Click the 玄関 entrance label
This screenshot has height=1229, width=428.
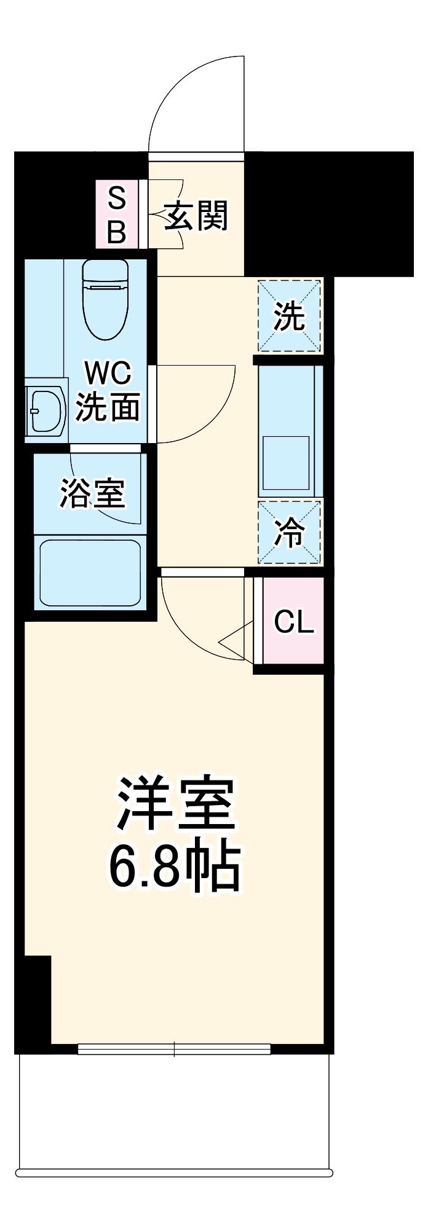pyautogui.click(x=196, y=216)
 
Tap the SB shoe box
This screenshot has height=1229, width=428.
pyautogui.click(x=117, y=214)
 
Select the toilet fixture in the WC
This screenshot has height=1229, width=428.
pyautogui.click(x=105, y=299)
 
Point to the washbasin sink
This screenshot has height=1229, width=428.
pyautogui.click(x=47, y=410)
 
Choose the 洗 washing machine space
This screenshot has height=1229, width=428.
pyautogui.click(x=289, y=316)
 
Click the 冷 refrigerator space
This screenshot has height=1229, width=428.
pyautogui.click(x=289, y=532)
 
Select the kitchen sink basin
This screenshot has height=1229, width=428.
pyautogui.click(x=286, y=463)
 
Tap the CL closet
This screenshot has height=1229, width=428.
pyautogui.click(x=293, y=621)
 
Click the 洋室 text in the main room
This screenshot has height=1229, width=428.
pyautogui.click(x=176, y=804)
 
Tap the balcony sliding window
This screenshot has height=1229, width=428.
pyautogui.click(x=175, y=1048)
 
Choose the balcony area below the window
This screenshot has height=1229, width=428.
pyautogui.click(x=175, y=1112)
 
